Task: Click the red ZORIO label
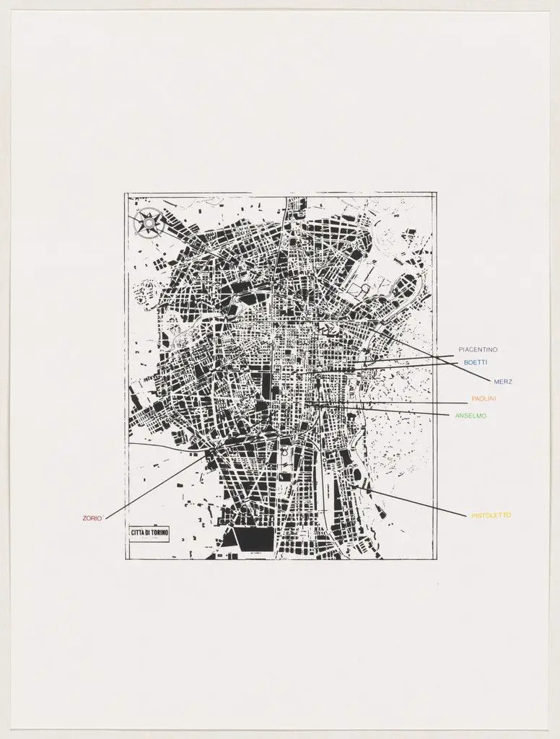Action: (92, 517)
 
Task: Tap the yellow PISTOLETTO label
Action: (491, 515)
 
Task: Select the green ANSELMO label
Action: (471, 416)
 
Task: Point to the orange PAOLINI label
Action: (484, 398)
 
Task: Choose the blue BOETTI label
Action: (476, 362)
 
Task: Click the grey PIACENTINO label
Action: (478, 350)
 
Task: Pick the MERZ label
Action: (503, 381)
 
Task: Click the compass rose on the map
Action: (149, 222)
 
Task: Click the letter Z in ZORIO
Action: (84, 517)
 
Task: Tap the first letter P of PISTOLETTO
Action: (473, 515)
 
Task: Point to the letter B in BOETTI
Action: (465, 362)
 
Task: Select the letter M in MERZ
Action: (496, 381)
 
